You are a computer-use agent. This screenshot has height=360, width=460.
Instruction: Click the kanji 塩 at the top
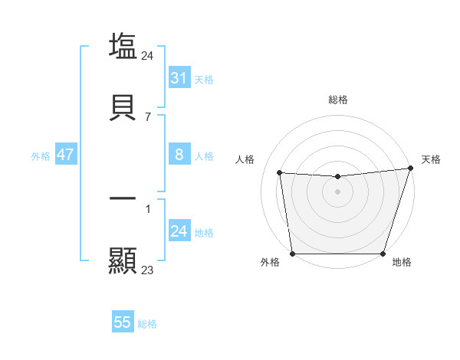pyautogui.click(x=123, y=46)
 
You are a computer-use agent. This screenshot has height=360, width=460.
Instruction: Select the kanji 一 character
pyautogui.click(x=123, y=198)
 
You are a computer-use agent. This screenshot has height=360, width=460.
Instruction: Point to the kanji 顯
pyautogui.click(x=123, y=260)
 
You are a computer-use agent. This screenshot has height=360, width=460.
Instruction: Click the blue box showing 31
pyautogui.click(x=179, y=78)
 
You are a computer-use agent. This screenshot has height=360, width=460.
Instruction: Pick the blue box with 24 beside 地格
pyautogui.click(x=179, y=231)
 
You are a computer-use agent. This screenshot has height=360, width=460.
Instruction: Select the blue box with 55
pyautogui.click(x=123, y=322)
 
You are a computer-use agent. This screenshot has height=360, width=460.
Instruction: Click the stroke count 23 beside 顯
pyautogui.click(x=148, y=270)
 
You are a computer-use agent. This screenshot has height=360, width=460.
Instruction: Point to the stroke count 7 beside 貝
pyautogui.click(x=148, y=117)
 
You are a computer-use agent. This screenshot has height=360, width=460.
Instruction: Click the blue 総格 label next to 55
pyautogui.click(x=148, y=324)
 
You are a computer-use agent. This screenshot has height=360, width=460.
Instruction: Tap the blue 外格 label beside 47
pyautogui.click(x=41, y=156)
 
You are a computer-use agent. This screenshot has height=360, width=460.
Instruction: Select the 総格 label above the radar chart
pyautogui.click(x=338, y=100)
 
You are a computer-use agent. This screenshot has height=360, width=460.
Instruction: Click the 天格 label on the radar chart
pyautogui.click(x=431, y=159)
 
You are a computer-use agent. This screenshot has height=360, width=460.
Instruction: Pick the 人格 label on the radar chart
pyautogui.click(x=245, y=159)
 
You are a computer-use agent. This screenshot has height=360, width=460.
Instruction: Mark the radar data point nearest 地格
pyautogui.click(x=383, y=254)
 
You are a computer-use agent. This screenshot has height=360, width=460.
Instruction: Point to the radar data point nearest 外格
pyautogui.click(x=293, y=254)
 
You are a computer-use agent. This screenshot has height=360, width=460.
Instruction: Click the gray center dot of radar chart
pyautogui.click(x=338, y=191)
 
